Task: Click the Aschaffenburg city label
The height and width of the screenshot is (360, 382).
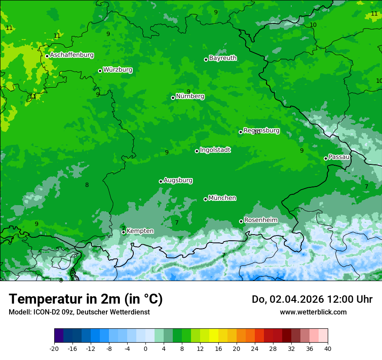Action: click(72, 55)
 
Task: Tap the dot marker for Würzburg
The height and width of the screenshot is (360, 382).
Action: click(100, 71)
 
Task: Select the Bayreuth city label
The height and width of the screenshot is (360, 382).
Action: click(223, 58)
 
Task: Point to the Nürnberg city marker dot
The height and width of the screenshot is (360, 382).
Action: click(173, 98)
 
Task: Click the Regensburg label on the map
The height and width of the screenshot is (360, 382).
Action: click(261, 130)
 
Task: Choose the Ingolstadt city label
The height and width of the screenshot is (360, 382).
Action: click(215, 150)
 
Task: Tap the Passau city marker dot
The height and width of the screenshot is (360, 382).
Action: click(326, 158)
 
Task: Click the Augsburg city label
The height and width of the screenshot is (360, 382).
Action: click(178, 180)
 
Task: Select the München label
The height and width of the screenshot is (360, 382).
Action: click(222, 198)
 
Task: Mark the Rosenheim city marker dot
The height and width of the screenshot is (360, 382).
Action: click(241, 222)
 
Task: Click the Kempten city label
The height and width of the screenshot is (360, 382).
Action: click(140, 231)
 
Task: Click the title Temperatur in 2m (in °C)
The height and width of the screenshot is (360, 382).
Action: click(86, 299)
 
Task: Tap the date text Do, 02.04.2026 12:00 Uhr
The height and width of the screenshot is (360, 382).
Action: click(312, 299)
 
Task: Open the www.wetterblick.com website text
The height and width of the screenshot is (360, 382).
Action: click(313, 312)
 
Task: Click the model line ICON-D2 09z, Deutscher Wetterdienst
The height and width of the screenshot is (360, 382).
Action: click(79, 312)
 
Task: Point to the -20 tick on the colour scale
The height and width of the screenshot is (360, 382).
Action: click(54, 348)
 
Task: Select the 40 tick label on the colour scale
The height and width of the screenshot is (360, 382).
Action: click(328, 348)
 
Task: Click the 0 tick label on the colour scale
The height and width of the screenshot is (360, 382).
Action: click(145, 348)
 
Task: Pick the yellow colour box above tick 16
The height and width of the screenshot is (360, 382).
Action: click(214, 336)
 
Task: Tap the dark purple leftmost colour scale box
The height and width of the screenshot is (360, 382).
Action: click(59, 336)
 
